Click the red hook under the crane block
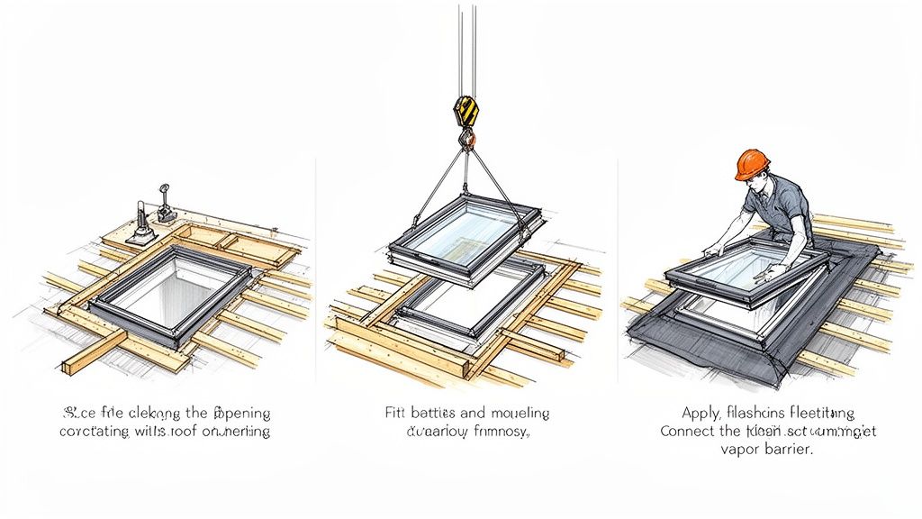pyautogui.click(x=466, y=138)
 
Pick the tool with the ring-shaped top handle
pyautogui.click(x=165, y=204)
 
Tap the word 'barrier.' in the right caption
pyautogui.click(x=782, y=451)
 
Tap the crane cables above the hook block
pyautogui.click(x=464, y=45)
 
